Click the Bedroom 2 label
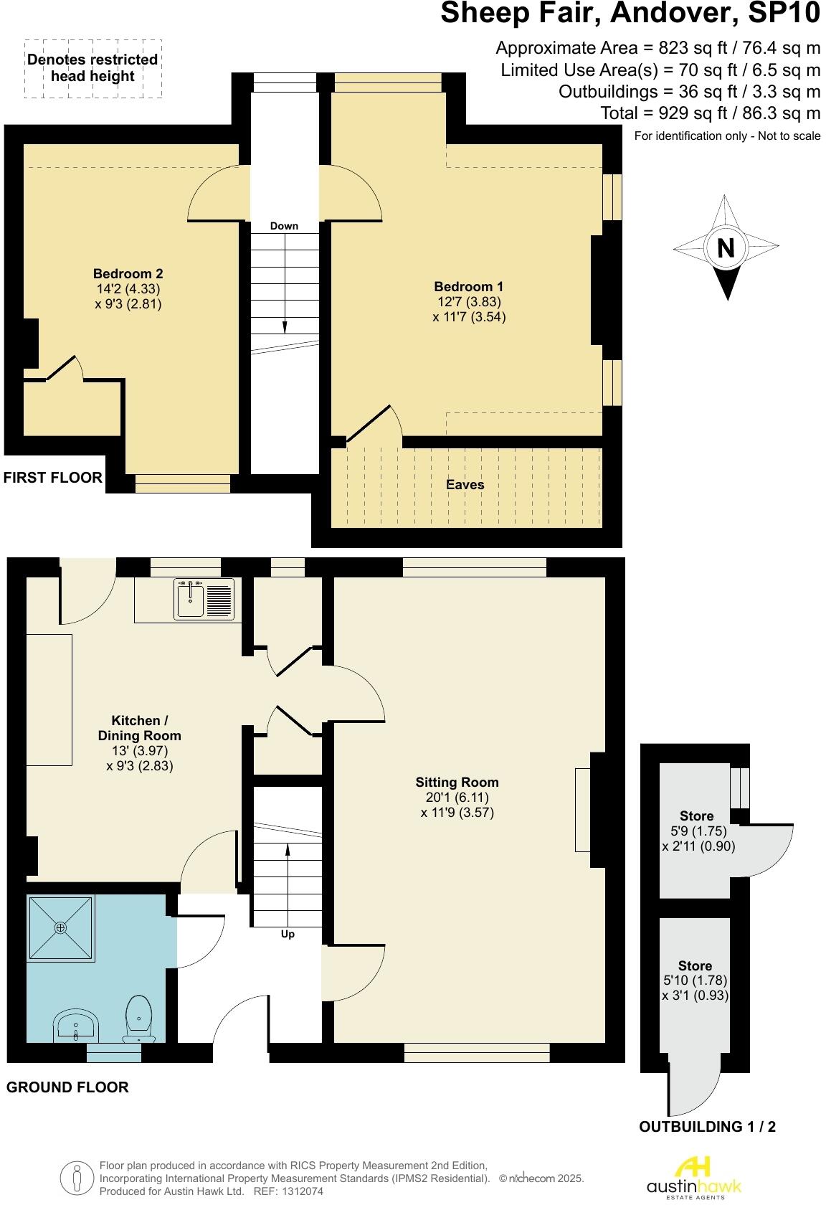tap(128, 273)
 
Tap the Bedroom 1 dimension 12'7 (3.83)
tap(469, 301)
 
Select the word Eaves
tap(465, 485)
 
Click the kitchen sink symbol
tap(204, 600)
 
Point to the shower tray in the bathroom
tap(61, 928)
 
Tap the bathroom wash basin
tap(76, 1026)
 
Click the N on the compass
tap(726, 248)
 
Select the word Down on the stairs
tap(284, 226)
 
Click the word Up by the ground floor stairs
tap(288, 934)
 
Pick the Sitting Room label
tap(457, 783)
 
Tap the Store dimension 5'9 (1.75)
tap(695, 831)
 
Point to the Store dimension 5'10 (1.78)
tap(696, 980)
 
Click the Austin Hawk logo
tap(693, 1177)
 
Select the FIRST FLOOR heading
tap(53, 478)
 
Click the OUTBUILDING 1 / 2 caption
tap(707, 1126)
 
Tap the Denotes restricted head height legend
tap(92, 68)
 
